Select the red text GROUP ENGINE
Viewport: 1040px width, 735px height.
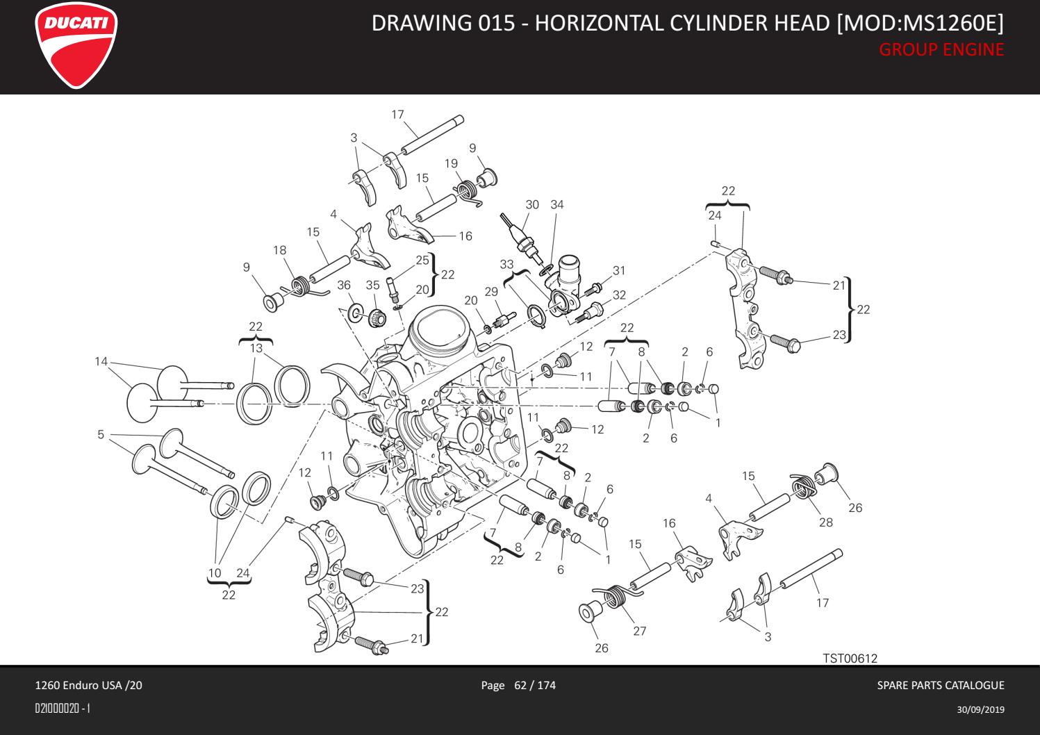(x=941, y=49)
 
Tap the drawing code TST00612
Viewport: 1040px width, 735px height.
(x=850, y=658)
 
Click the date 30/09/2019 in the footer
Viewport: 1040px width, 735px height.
(x=980, y=709)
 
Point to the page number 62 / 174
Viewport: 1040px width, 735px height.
(x=534, y=686)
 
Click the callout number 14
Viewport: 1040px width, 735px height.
(x=101, y=361)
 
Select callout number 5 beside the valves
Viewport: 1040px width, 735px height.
(x=101, y=435)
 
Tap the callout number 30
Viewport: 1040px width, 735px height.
(x=532, y=204)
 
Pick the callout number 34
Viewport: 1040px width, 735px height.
(x=556, y=204)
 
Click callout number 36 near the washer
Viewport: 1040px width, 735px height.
(x=344, y=285)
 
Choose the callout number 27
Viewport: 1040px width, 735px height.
(x=639, y=631)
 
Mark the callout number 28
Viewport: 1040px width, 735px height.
(x=825, y=522)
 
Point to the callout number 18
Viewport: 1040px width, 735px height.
(x=279, y=250)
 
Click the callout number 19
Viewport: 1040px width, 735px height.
(x=451, y=163)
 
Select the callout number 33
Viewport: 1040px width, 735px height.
(x=506, y=265)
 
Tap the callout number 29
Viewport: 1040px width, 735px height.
(x=492, y=292)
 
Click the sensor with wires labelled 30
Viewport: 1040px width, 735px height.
(x=519, y=237)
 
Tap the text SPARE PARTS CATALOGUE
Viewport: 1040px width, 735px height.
(x=941, y=686)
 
